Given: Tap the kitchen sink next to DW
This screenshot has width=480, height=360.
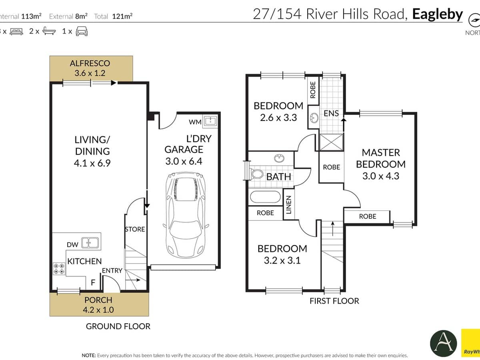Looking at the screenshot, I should (x=90, y=242).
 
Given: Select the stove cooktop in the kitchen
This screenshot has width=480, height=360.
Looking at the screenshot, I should (x=59, y=268).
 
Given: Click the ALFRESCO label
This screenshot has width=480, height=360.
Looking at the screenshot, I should (x=90, y=63).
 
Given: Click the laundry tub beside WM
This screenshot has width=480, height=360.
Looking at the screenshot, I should (x=210, y=121).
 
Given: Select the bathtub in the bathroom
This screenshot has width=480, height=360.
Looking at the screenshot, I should (x=266, y=197).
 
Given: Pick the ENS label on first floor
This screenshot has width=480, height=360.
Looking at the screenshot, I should (x=331, y=113).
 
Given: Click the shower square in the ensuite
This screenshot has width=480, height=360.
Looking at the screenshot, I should (x=331, y=142).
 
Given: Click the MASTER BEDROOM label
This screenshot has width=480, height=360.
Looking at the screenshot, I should (x=380, y=158).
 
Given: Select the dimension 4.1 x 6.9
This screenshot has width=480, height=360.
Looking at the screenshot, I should (x=92, y=163).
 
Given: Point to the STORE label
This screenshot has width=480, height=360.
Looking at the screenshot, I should (x=135, y=229).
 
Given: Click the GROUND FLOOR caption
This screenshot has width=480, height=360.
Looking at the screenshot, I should (x=118, y=326).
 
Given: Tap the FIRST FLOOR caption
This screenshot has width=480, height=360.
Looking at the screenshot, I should (x=334, y=301).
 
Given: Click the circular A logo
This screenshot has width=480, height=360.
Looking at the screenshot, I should (x=443, y=343).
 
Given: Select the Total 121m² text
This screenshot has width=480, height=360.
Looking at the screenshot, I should (x=113, y=16).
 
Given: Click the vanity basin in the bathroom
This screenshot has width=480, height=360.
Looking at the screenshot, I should (x=279, y=158).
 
